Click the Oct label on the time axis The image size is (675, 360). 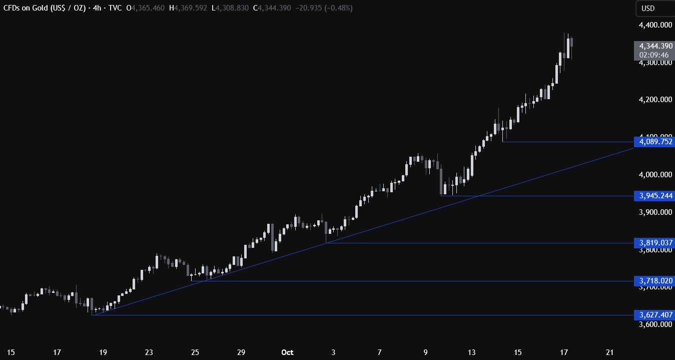287,351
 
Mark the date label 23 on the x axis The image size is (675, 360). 149,351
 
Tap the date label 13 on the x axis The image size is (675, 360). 472,351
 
